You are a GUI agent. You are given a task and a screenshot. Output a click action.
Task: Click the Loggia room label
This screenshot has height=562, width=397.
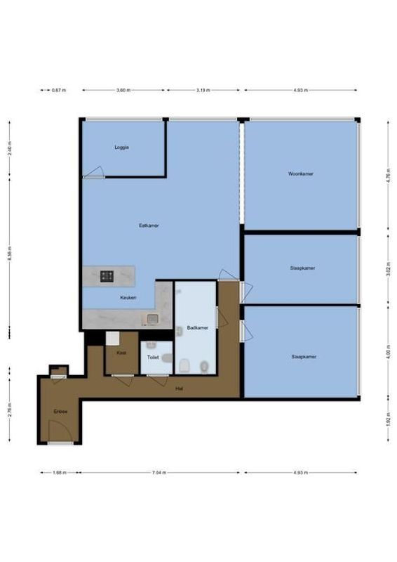click(x=122, y=148)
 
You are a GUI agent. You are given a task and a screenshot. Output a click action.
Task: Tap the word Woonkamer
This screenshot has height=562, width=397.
click(x=300, y=173)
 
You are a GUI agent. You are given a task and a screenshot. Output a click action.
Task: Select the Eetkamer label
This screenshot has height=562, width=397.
click(x=149, y=226)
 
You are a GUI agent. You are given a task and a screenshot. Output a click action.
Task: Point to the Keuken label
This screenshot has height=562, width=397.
click(x=128, y=298)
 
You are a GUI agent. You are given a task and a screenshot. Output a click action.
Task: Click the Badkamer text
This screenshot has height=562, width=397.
click(x=197, y=328)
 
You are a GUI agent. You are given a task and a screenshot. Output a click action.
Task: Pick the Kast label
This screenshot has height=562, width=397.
click(x=121, y=353)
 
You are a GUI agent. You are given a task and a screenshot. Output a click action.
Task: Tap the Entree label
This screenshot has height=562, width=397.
click(x=60, y=411)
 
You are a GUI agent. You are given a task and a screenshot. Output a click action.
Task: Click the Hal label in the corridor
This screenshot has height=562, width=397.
click(x=180, y=388)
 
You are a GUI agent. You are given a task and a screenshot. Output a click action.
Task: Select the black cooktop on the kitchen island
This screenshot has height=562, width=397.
click(x=107, y=276)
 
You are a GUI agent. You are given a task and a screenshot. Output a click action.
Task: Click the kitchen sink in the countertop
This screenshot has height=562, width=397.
click(x=152, y=319)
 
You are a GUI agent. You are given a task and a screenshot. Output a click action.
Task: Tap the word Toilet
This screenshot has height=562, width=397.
click(x=152, y=358)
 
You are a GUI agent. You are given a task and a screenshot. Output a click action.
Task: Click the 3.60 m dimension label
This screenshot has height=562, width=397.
click(x=123, y=91)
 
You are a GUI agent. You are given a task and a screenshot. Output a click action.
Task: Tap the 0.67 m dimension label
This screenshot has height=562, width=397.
click(x=59, y=91)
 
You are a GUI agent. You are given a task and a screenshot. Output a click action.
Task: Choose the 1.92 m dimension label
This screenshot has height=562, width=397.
click(x=389, y=421)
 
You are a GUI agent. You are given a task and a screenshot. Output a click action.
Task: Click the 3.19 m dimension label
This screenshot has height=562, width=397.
click(x=203, y=91)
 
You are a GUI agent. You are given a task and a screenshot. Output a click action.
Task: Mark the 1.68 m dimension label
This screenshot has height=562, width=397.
click(x=59, y=473)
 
